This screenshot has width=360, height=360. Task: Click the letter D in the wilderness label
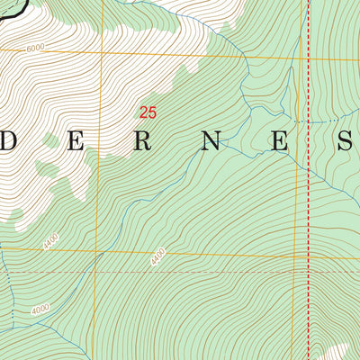(6, 141)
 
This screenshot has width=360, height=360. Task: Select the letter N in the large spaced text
(211, 141)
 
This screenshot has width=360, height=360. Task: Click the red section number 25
(148, 112)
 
